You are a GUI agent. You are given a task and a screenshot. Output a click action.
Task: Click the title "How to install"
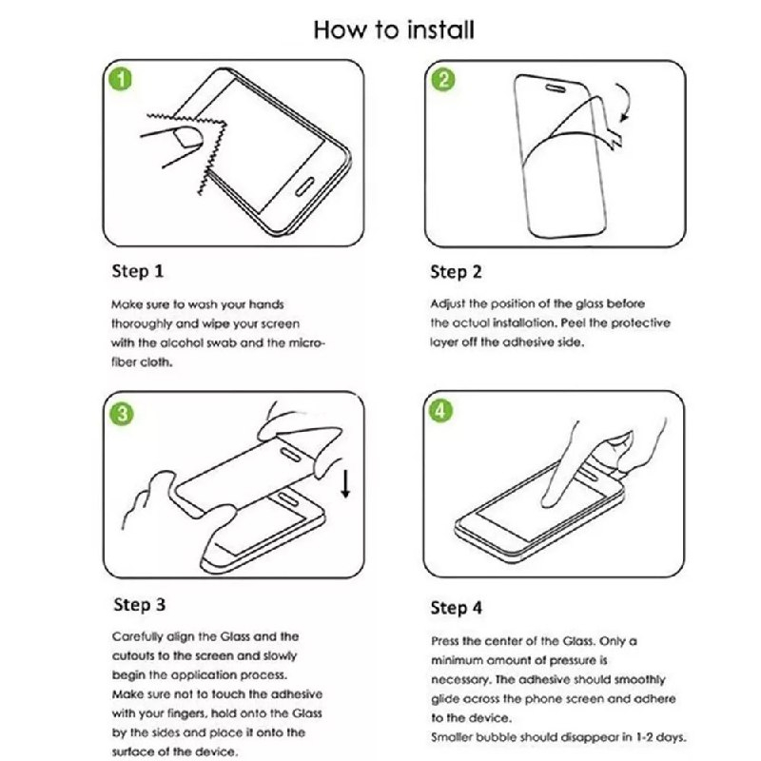394,29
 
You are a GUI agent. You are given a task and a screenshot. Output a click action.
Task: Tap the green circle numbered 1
121,79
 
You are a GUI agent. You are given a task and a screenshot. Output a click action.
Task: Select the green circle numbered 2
443,80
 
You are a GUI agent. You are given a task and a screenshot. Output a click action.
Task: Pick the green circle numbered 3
122,414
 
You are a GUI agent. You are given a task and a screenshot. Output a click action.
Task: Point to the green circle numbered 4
440,411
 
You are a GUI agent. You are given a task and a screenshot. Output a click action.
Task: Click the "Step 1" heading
138,271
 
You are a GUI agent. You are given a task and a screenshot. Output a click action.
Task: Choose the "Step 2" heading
457,272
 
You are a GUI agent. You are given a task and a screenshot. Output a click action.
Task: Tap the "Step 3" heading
139,605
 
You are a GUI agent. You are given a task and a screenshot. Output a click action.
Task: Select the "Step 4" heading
457,608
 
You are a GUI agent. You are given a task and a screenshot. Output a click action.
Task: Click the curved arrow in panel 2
627,100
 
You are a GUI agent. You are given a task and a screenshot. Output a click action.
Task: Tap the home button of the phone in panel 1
304,186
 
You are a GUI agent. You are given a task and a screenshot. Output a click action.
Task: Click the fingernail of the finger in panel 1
188,137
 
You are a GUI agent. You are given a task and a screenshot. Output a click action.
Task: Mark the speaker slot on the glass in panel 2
556,88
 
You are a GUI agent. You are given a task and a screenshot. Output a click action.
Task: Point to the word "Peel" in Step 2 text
574,323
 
